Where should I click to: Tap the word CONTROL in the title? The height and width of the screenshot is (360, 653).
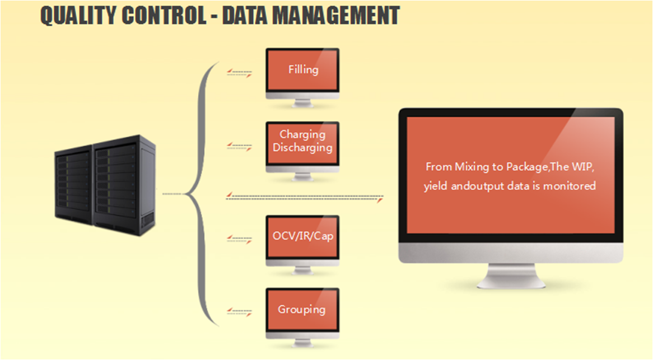165,16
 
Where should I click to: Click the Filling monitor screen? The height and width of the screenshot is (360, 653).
303,69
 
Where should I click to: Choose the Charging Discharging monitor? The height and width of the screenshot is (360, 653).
303,143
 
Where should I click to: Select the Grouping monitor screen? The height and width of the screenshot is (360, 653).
303,310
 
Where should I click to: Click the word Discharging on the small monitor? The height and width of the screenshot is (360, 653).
303,148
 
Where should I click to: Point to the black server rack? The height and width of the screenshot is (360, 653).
105,185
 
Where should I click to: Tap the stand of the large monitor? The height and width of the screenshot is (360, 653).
511,275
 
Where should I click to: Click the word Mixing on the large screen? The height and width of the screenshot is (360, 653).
472,167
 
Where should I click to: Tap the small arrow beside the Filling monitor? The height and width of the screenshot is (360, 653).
240,74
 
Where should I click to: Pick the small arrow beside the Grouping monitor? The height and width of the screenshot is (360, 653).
240,312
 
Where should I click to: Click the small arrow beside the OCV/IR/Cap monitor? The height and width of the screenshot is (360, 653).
240,239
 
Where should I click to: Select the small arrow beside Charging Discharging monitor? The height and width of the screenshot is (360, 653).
240,147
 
